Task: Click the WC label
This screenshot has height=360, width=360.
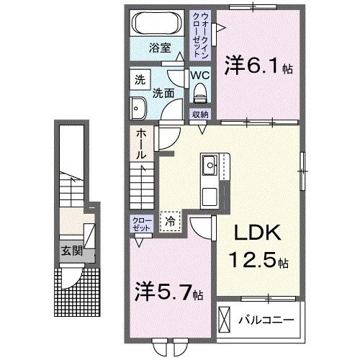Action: click(x=199, y=74)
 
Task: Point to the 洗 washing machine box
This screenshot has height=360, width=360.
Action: click(x=139, y=80)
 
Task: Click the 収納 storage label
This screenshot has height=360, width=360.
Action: click(x=200, y=114)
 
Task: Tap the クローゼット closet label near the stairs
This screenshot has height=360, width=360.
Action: click(x=140, y=222)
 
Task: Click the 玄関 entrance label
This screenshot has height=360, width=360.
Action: click(x=70, y=251)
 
